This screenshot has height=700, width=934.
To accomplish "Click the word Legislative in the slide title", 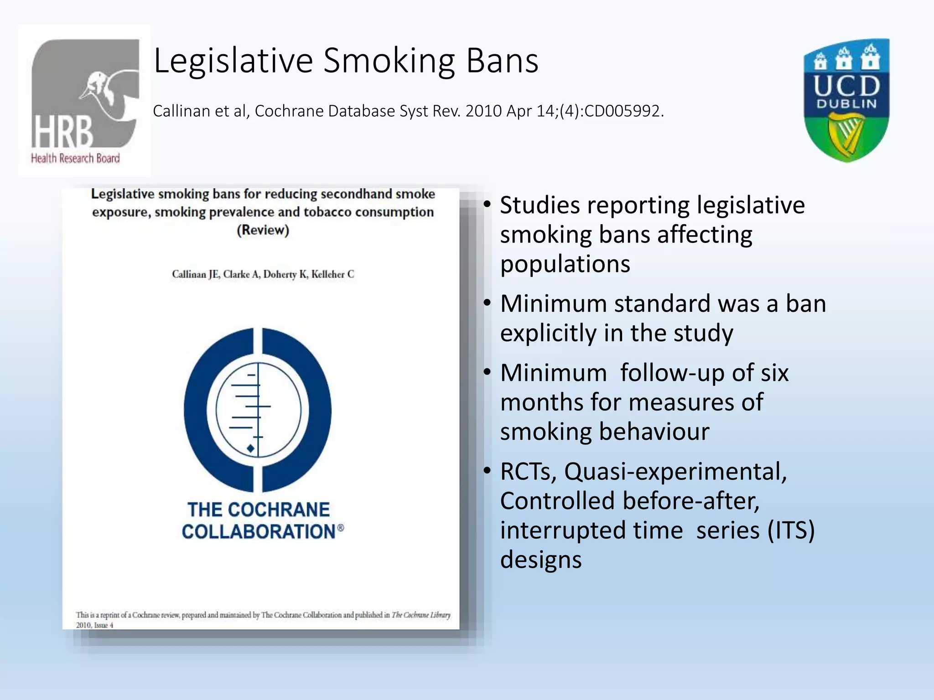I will coord(233,61).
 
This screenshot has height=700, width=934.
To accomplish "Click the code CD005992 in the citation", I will coord(622,111).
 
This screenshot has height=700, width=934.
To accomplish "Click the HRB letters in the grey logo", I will coord(62,132).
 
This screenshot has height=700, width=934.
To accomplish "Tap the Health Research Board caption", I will coord(75,158).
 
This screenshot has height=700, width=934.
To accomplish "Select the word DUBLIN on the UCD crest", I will coord(846,104).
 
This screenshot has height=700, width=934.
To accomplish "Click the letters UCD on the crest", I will coord(846,85).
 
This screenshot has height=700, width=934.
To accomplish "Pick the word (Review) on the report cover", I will coord(263,230).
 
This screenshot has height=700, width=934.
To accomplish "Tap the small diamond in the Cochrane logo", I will coord(250,448).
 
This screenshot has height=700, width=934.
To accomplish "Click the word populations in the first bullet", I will coord(565,264).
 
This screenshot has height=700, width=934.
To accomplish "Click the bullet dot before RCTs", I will coord(487,469).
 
